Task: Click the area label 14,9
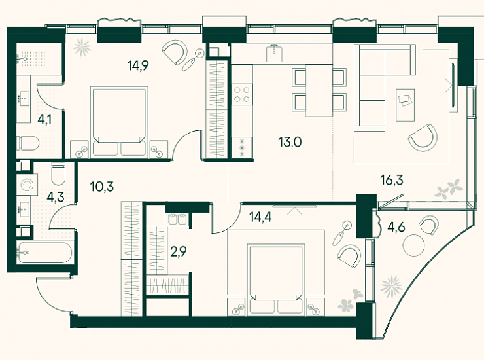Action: [138, 65]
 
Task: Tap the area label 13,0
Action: [290, 143]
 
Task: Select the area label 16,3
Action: [392, 180]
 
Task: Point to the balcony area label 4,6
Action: [396, 227]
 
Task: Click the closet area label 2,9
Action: [179, 252]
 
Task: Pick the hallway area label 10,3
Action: [102, 187]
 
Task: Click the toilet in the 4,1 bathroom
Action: [27, 143]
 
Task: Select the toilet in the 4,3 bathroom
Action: [58, 174]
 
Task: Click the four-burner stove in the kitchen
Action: [242, 94]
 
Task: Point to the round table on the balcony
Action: [413, 245]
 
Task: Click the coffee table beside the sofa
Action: [406, 105]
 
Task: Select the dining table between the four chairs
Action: [319, 90]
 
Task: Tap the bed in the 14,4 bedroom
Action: [276, 279]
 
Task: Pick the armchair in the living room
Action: [423, 137]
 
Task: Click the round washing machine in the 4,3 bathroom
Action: [27, 185]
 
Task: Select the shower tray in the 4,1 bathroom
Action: [39, 58]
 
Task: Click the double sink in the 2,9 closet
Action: [177, 219]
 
